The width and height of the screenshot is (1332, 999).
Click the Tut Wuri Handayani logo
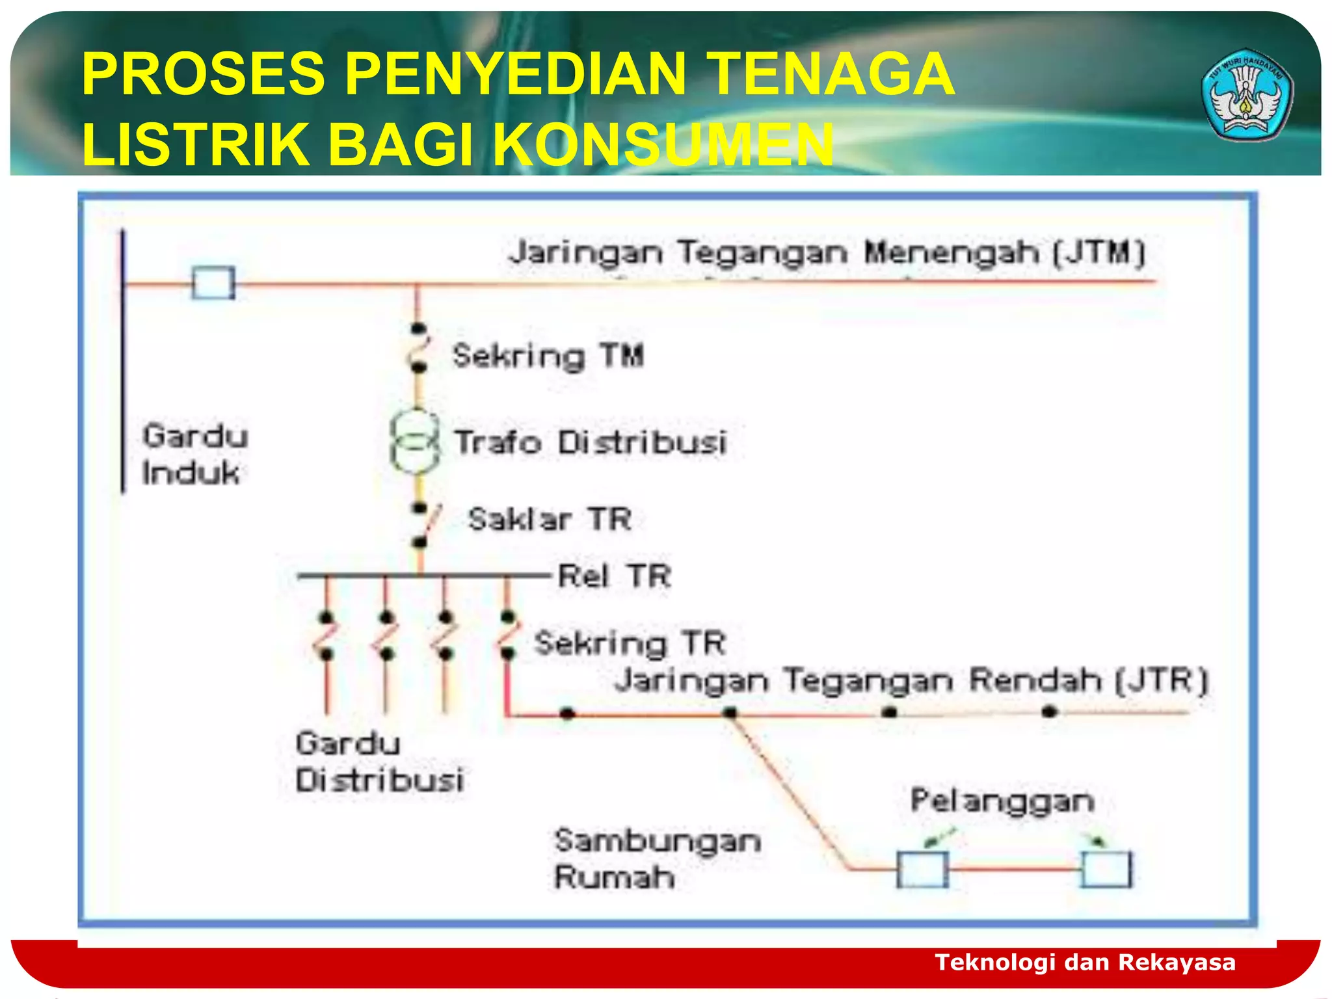1247,95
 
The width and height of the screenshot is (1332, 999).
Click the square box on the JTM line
213,283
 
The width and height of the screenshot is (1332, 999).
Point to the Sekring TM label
548,356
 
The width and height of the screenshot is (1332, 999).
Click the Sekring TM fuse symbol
418,348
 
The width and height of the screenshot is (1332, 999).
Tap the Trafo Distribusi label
589,442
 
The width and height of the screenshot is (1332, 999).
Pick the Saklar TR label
550,519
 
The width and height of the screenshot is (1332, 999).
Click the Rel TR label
614,576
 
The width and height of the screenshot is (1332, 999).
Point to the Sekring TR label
629,643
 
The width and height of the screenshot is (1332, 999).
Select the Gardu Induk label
194,454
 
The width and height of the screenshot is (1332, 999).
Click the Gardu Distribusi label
380,762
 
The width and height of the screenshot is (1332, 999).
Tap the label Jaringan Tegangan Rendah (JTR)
911,681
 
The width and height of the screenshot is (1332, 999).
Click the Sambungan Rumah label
657,859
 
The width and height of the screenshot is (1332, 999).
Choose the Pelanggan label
1002,801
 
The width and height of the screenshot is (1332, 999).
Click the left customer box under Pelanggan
922,869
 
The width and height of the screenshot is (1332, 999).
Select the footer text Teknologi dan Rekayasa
1085,962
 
